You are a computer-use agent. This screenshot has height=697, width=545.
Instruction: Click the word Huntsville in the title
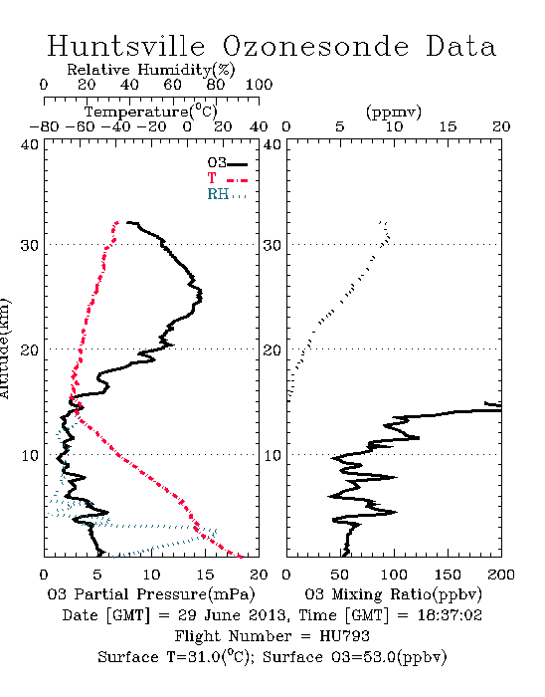click(126, 46)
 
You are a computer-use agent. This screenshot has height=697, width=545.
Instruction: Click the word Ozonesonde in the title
click(314, 46)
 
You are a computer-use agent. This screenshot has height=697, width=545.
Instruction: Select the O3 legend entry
click(227, 163)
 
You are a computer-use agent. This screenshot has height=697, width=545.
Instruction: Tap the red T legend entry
click(227, 178)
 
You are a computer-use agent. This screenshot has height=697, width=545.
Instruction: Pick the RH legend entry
click(227, 194)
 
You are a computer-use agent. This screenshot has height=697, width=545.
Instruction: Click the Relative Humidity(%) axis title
click(151, 70)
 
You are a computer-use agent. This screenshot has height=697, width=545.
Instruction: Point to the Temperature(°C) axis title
click(151, 112)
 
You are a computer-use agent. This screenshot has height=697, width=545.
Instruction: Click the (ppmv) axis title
click(394, 112)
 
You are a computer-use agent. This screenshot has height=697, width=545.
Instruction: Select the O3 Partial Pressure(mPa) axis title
click(151, 594)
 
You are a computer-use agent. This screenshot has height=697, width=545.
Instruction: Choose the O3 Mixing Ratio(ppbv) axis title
click(393, 594)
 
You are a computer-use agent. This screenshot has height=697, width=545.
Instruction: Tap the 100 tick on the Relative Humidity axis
click(259, 85)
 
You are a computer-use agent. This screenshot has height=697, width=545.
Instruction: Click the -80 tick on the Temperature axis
click(44, 126)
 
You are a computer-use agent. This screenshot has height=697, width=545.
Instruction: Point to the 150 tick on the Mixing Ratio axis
click(448, 575)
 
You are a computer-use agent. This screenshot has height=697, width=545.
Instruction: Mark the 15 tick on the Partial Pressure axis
click(205, 575)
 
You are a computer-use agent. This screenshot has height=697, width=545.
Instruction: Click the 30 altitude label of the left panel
click(30, 245)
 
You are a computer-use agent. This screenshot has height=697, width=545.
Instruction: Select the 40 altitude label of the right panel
click(272, 144)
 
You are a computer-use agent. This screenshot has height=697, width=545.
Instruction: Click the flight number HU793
click(344, 636)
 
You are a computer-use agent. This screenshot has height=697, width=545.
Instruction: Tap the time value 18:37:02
click(450, 615)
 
